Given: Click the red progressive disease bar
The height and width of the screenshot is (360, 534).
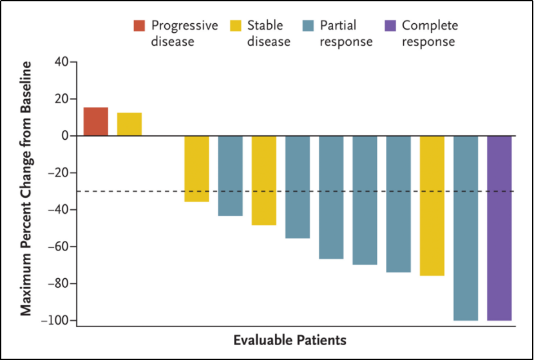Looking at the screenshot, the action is point(96,122).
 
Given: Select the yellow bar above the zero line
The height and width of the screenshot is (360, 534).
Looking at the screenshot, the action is point(129,124).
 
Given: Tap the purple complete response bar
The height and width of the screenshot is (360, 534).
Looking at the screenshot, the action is point(499,228).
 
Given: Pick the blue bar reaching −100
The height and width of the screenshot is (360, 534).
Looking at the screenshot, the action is point(466,228).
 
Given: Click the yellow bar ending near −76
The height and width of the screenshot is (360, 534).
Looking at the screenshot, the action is point(432,205).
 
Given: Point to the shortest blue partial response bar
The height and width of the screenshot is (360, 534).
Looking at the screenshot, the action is point(230,176).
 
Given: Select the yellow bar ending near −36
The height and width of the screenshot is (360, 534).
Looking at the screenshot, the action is point(196,169).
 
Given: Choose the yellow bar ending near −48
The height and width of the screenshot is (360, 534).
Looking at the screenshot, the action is point(264,180).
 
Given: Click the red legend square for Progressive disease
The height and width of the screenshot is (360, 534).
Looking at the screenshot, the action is point(139,26).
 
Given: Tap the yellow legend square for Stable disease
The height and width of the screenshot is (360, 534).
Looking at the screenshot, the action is point(236,26).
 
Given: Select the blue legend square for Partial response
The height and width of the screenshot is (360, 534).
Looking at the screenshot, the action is point(308,26).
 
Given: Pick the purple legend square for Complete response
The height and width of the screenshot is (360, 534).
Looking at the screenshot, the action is point(390,26).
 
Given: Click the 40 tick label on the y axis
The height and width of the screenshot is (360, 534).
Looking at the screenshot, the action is point(62,62).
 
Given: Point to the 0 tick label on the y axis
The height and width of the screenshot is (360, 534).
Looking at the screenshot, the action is point(64,137).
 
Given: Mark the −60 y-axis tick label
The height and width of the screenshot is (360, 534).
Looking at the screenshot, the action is point(59,247).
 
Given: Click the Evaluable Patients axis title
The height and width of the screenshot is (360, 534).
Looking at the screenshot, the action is point(290,340).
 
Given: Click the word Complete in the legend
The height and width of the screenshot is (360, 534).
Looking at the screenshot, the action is point(430,26).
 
